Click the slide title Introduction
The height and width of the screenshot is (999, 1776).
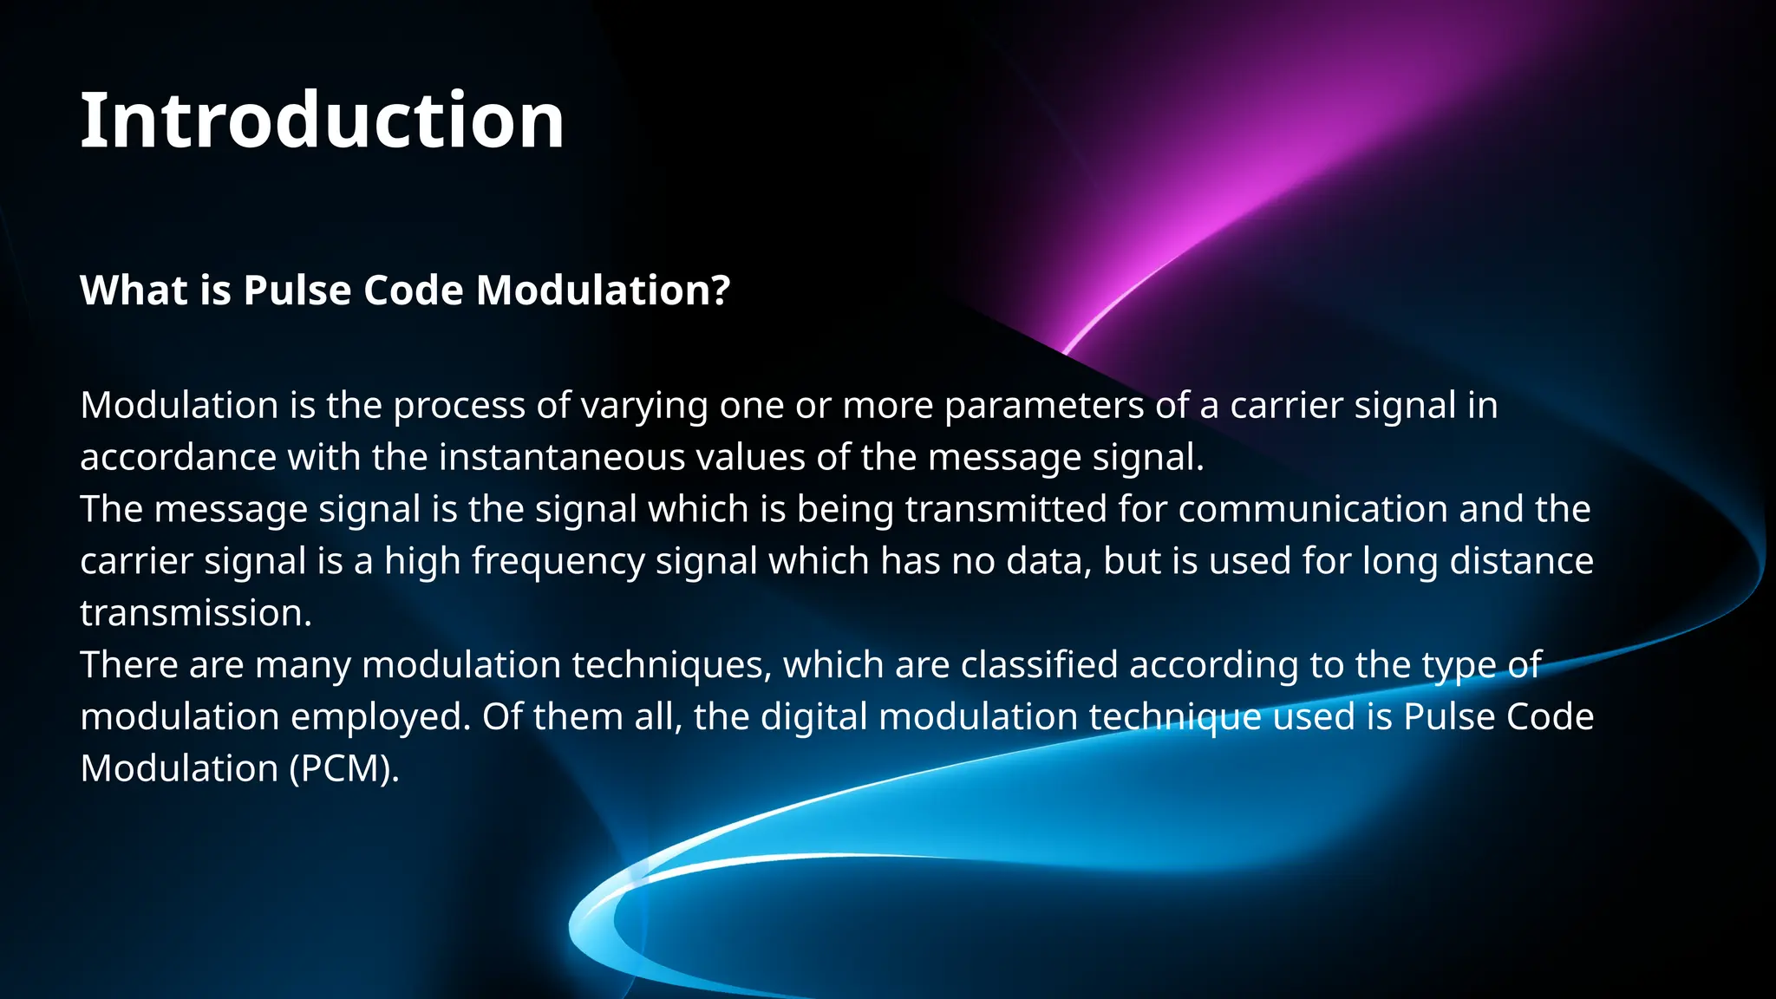pyautogui.click(x=322, y=121)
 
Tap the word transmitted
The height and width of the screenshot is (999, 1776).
pyautogui.click(x=1005, y=509)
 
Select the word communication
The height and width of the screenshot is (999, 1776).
pyautogui.click(x=1312, y=509)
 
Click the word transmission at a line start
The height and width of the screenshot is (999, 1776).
pyautogui.click(x=195, y=613)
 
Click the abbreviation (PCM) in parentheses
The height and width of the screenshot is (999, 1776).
pyautogui.click(x=343, y=769)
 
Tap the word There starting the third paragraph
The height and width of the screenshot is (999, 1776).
pyautogui.click(x=129, y=665)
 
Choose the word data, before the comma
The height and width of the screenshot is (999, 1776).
pyautogui.click(x=1048, y=561)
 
